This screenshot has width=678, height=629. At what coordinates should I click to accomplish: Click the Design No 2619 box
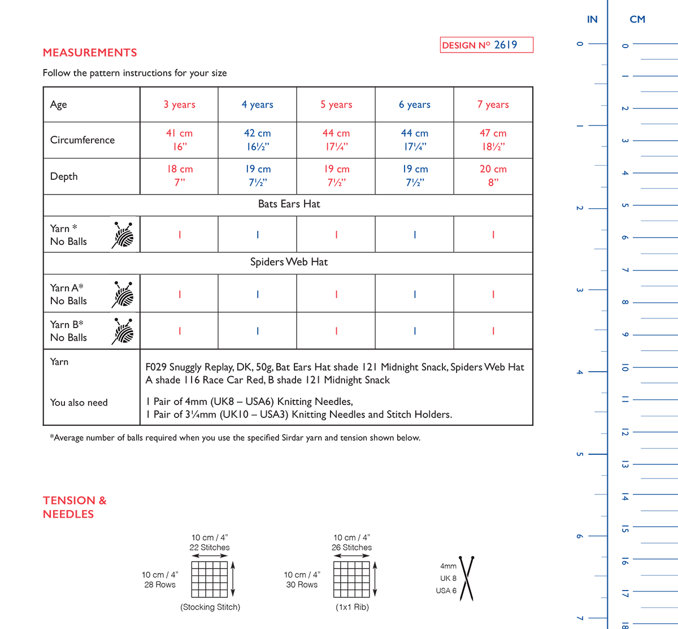pos(486,45)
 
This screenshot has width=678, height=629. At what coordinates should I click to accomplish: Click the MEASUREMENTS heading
pos(90,53)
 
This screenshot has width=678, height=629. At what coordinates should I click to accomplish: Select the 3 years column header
pos(179,105)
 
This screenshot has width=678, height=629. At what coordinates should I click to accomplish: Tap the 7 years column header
pos(493,105)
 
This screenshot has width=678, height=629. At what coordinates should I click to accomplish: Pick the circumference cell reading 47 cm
pos(493,140)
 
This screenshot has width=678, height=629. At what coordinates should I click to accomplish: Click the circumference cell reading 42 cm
pos(257,140)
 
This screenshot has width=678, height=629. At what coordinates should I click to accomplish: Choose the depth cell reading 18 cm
pos(179,176)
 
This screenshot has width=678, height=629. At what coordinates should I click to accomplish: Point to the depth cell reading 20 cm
pos(493,176)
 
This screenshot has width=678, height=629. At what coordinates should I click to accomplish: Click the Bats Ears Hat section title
pos(289,204)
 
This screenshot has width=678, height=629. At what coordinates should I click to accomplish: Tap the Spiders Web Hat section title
pos(289,262)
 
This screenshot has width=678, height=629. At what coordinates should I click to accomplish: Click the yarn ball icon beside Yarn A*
pos(123,294)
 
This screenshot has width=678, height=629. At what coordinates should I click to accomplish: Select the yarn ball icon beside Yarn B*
pos(123,331)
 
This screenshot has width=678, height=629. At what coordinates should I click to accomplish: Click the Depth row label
pos(64,176)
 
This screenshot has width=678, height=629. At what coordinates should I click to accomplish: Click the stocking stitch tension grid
pos(210,579)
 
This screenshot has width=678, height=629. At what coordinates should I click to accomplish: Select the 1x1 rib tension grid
pos(351,579)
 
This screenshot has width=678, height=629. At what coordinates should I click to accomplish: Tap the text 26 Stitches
pos(351,548)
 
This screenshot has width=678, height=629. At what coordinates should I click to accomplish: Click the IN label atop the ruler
pos(592,20)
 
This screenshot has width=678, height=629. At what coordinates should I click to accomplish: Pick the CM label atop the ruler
pos(637,20)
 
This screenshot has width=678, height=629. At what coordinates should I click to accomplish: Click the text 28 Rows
pos(160,585)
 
